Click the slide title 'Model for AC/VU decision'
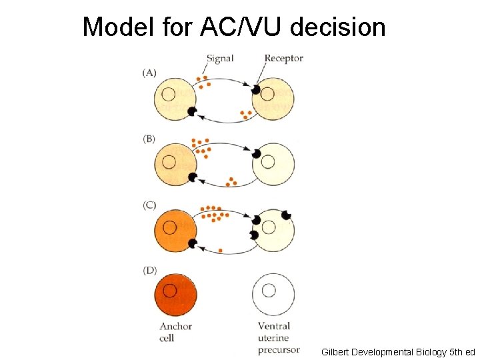(234, 27)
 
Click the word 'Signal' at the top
(220, 58)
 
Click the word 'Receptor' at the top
(283, 58)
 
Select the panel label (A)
(149, 73)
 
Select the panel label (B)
(149, 139)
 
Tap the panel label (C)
(149, 205)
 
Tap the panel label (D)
(149, 271)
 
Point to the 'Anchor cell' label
(175, 332)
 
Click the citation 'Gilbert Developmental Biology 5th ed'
(398, 351)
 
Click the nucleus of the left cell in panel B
(169, 161)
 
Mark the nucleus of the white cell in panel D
(269, 290)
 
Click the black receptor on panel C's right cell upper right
(287, 215)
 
